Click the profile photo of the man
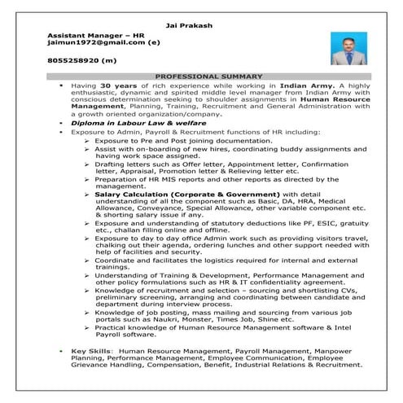(348, 48)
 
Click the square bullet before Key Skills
(62, 350)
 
